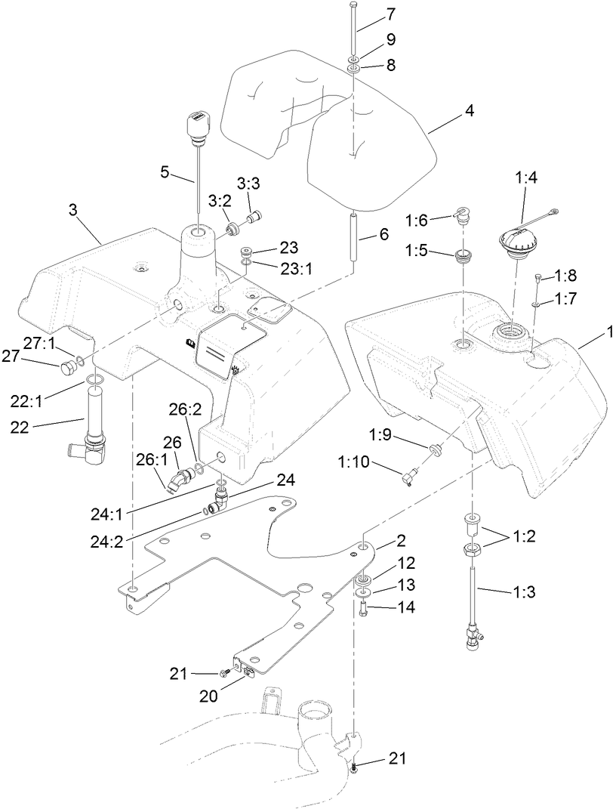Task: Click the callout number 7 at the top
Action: tap(390, 14)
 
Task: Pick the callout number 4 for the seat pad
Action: tap(469, 111)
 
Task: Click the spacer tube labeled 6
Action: tap(353, 237)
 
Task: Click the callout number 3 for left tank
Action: tap(73, 211)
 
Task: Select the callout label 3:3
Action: tap(248, 183)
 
